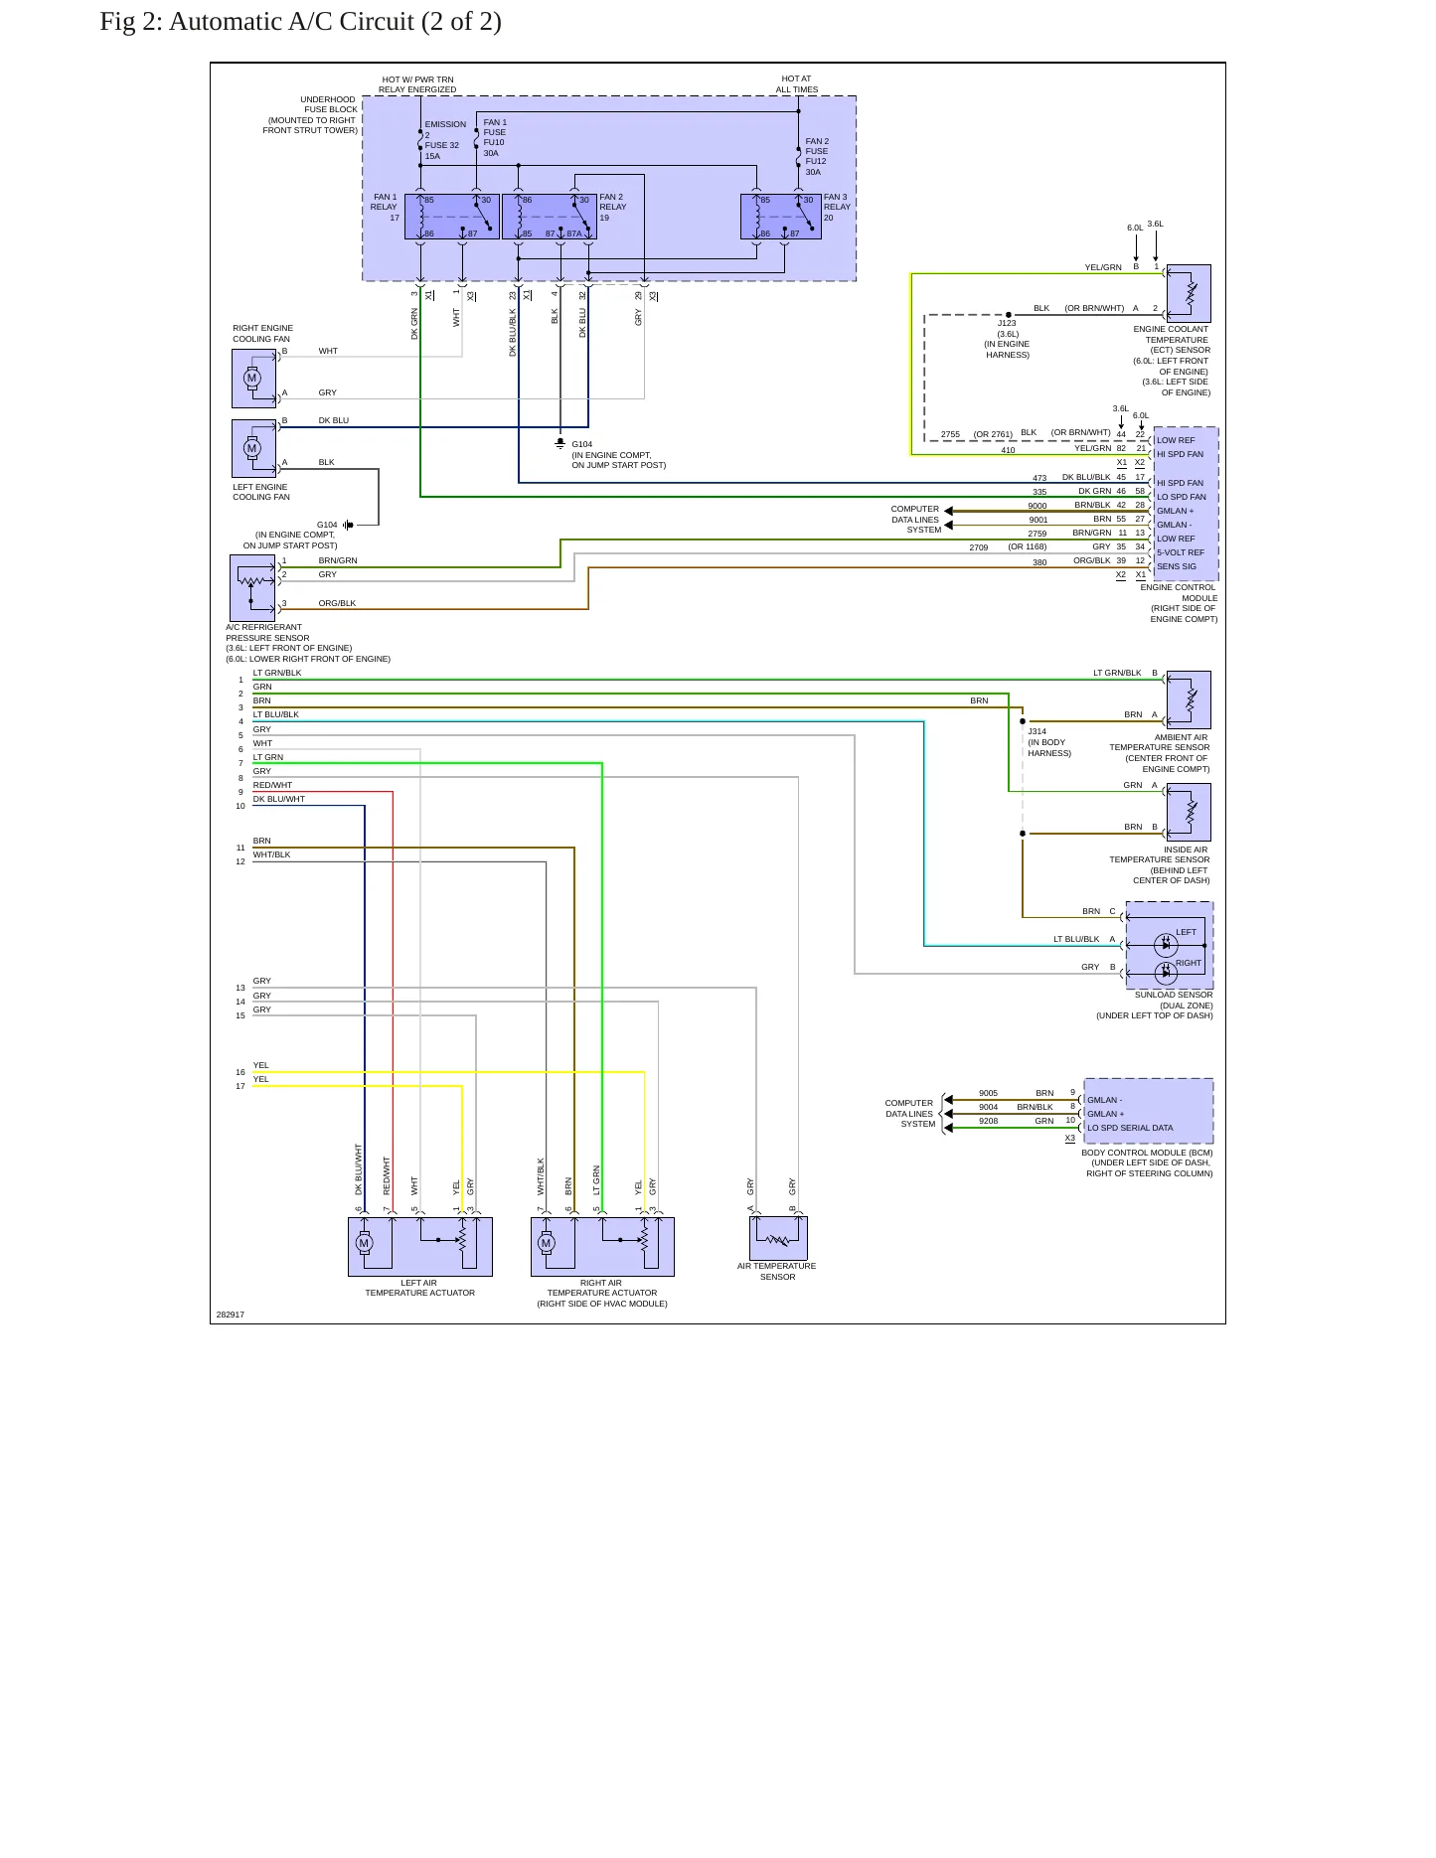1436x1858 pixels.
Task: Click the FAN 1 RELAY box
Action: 452,217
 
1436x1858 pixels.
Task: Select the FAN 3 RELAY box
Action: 781,217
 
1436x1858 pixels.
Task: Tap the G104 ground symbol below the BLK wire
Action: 560,443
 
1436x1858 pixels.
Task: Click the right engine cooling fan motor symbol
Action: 253,379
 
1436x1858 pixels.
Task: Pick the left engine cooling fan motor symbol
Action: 253,448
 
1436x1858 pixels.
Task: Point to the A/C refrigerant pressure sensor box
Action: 252,588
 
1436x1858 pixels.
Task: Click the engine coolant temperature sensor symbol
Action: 1189,293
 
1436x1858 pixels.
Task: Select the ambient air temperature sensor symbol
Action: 1189,699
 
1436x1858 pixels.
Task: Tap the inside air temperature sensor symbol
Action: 1189,812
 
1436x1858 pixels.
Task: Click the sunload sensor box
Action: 1170,946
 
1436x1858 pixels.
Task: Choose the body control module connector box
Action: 1149,1111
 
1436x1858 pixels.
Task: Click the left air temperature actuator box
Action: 420,1247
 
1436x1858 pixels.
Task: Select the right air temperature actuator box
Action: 602,1247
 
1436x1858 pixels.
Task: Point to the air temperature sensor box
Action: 778,1238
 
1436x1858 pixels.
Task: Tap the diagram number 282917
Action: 231,1315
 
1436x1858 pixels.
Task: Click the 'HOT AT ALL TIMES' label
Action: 797,84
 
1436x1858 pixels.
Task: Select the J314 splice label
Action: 1037,731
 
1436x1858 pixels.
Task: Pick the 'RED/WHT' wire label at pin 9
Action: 273,785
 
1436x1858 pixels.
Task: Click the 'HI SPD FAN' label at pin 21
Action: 1180,454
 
